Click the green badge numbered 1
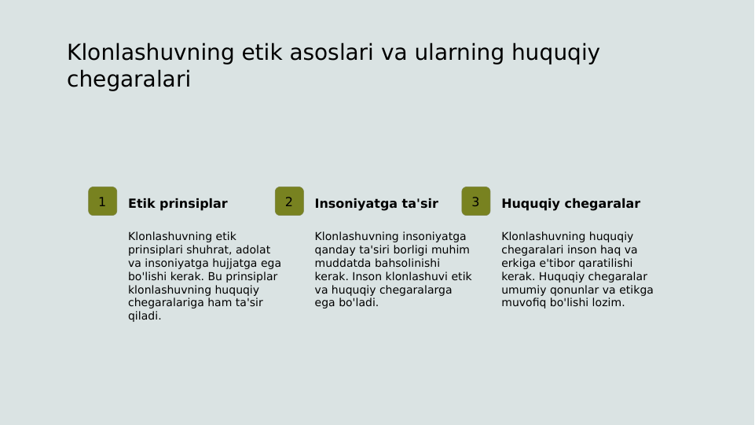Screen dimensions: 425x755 tap(102, 201)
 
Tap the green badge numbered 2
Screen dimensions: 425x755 tap(289, 201)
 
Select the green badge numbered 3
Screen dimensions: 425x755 tap(475, 201)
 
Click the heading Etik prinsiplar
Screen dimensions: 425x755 tap(178, 204)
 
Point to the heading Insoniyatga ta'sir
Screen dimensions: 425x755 tap(376, 204)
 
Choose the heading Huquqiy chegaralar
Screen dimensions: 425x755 tap(570, 204)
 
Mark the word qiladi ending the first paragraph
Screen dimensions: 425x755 tap(145, 316)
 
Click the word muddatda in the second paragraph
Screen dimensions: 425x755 tap(339, 263)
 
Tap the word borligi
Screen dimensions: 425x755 tap(405, 249)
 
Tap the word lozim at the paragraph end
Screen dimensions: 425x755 tap(608, 303)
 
